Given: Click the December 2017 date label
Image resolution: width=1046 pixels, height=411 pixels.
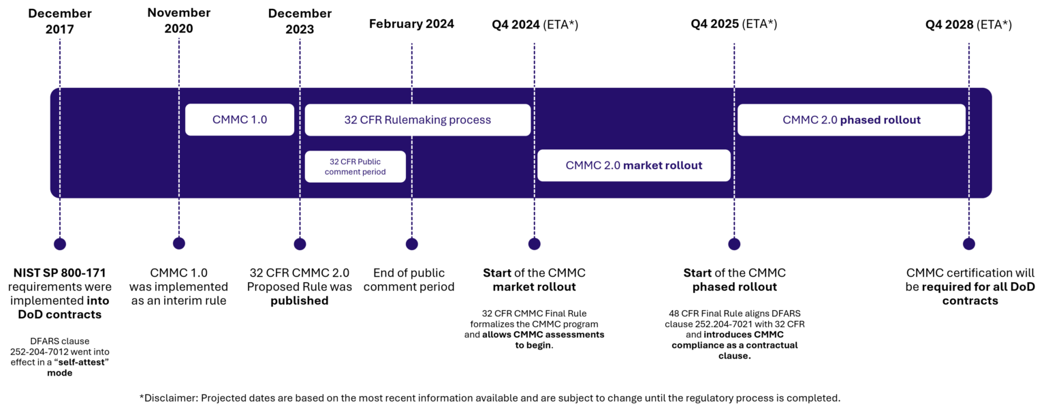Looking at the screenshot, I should [x=60, y=22].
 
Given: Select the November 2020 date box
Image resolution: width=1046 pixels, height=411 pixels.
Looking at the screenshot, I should [x=179, y=21].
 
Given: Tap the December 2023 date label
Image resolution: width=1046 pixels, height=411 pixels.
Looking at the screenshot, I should [x=300, y=22].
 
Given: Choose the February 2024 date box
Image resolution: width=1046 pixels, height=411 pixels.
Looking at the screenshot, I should [x=411, y=24].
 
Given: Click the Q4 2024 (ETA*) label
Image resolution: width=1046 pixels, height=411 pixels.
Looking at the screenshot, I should [x=535, y=25].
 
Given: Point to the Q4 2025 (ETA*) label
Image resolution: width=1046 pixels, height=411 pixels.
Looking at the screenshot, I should [x=733, y=24].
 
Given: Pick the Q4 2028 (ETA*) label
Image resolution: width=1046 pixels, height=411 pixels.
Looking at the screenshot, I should [x=968, y=25].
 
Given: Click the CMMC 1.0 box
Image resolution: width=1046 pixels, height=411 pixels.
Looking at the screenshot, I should [x=240, y=120].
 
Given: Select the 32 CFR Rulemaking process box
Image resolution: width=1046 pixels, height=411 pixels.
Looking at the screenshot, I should [x=417, y=120].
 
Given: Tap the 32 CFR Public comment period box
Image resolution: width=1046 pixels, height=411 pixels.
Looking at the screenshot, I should [x=355, y=167].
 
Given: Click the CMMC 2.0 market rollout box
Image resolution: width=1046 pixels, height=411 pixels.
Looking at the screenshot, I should [x=633, y=166].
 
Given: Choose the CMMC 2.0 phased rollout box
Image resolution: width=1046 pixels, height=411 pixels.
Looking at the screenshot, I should [x=851, y=120].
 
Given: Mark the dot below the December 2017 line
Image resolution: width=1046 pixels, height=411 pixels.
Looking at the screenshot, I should [x=60, y=244].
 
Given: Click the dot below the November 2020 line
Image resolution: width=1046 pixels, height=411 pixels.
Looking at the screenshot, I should [x=179, y=243].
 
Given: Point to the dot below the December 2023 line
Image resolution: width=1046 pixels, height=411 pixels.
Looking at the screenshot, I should [x=300, y=244].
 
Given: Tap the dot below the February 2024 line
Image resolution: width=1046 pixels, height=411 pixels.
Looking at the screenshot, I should [x=411, y=244].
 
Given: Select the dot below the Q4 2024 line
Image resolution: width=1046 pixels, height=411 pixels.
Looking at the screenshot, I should [x=535, y=244].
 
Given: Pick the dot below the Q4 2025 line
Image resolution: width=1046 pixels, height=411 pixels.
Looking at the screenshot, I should [x=734, y=244].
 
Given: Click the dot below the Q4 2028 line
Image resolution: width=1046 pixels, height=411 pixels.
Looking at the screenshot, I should [x=968, y=244].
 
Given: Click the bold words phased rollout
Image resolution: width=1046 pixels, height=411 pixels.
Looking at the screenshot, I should [x=880, y=120].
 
